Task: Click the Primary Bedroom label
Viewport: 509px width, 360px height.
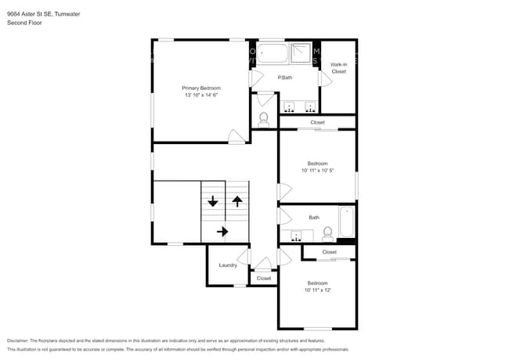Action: click(201, 88)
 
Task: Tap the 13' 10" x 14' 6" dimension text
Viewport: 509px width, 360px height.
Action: click(201, 95)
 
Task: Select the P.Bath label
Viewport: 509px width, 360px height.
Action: click(285, 77)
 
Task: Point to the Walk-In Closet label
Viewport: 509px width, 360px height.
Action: click(338, 68)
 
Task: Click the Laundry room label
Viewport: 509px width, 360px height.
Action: click(228, 265)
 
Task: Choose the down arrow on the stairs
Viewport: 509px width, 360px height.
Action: click(212, 201)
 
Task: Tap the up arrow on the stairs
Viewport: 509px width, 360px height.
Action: click(236, 201)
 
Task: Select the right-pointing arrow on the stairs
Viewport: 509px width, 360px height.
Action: click(222, 231)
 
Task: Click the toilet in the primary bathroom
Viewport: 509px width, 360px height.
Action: click(264, 120)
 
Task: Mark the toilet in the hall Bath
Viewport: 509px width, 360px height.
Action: click(327, 232)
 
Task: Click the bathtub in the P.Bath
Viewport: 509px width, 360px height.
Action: click(274, 53)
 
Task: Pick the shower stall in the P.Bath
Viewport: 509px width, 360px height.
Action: click(301, 53)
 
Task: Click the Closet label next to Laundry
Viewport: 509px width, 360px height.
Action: click(264, 278)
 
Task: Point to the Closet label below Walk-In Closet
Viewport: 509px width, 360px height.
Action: click(317, 123)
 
